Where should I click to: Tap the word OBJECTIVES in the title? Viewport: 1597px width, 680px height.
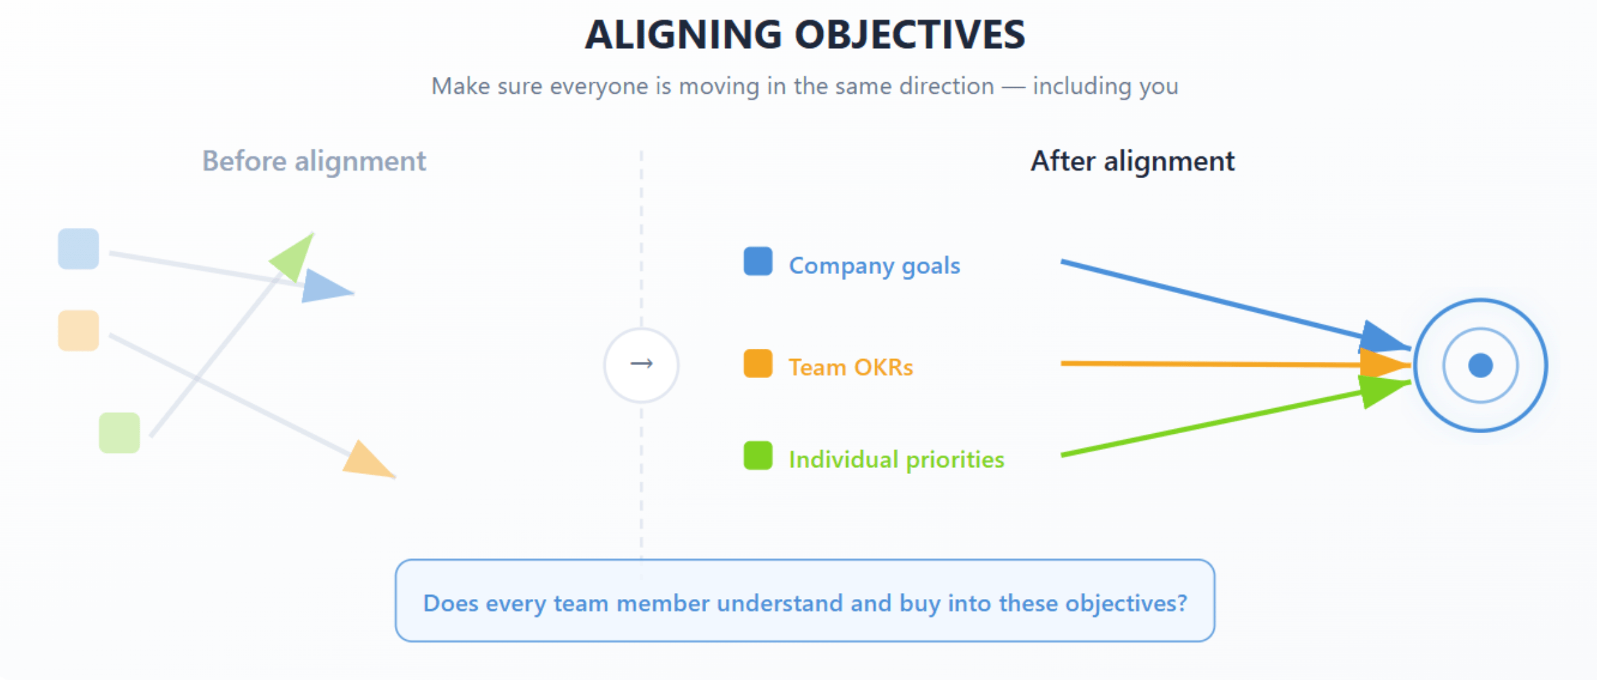point(910,35)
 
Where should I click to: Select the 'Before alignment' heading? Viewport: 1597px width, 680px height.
point(314,162)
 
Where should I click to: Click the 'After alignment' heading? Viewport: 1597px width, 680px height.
point(1132,162)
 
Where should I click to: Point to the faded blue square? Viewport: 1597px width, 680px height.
point(79,249)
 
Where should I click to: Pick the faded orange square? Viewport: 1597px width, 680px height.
point(79,330)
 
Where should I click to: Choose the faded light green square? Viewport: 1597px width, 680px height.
point(120,432)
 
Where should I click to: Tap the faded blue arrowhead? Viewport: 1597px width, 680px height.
point(326,286)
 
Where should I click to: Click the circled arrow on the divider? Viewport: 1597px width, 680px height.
point(642,365)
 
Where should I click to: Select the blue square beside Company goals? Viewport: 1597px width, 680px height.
point(758,261)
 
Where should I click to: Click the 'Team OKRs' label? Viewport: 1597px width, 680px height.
point(851,367)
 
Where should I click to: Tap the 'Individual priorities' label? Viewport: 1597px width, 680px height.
point(896,460)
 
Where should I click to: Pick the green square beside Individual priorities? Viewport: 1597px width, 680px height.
point(758,456)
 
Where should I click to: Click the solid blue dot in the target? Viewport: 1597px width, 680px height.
point(1481,365)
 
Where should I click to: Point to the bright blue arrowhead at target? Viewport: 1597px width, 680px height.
point(1383,337)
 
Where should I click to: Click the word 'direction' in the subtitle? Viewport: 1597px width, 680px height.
point(947,86)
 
